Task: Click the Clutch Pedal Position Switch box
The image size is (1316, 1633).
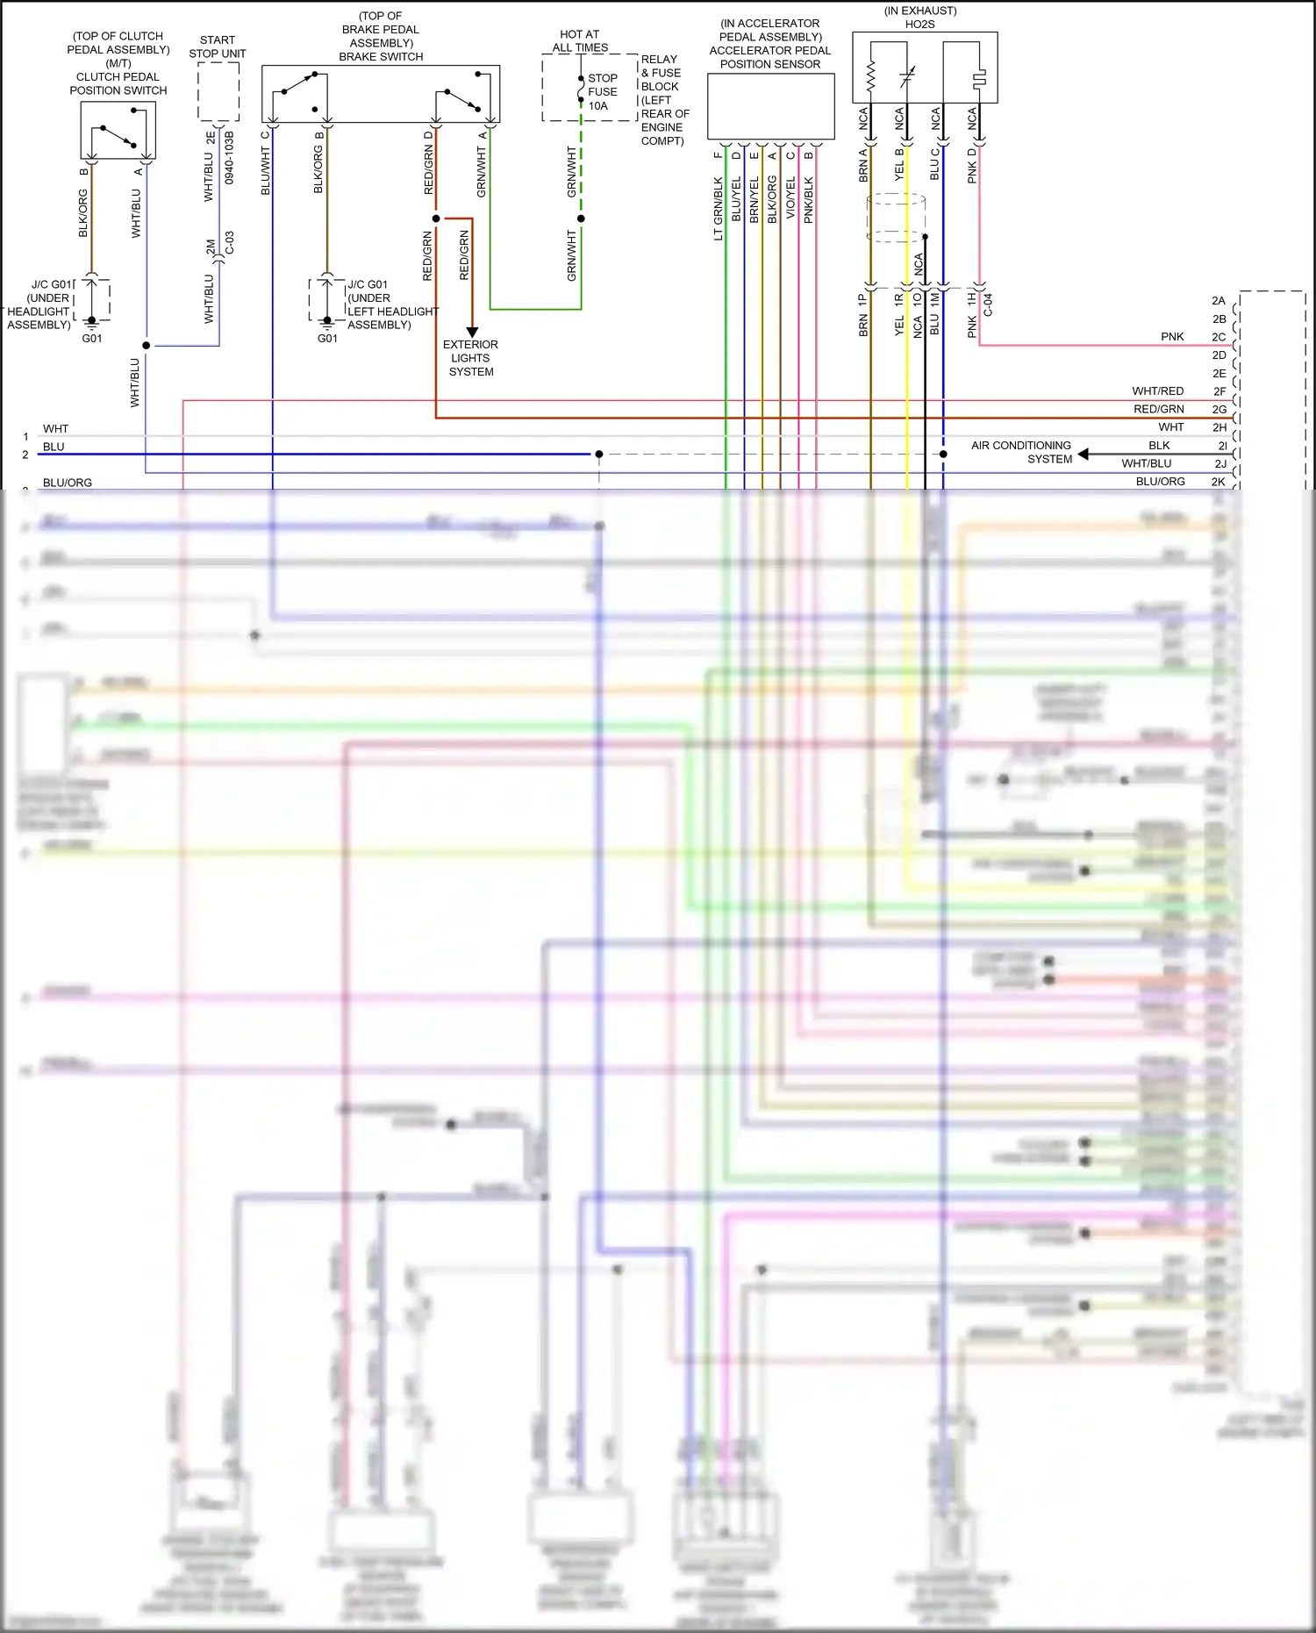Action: click(x=118, y=130)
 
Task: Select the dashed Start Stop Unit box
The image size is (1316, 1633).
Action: click(x=218, y=91)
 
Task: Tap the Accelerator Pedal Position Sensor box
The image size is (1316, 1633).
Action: click(x=770, y=106)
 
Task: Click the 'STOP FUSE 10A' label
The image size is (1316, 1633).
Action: click(x=603, y=92)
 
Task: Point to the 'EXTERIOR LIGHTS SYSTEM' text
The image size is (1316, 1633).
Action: click(x=470, y=358)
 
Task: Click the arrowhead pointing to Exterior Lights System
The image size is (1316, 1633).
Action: click(x=472, y=332)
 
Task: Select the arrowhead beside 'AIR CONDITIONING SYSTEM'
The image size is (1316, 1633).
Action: click(x=1084, y=454)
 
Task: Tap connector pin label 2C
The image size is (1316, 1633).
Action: click(x=1219, y=337)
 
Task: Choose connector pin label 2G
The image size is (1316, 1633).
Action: click(x=1219, y=410)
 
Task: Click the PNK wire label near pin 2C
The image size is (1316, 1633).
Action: click(x=1172, y=337)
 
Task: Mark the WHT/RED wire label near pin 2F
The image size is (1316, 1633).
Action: click(x=1158, y=391)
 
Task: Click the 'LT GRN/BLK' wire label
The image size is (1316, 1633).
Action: click(x=719, y=209)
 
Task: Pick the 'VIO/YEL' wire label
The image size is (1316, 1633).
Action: click(x=790, y=197)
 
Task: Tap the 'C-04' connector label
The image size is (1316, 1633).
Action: click(x=989, y=304)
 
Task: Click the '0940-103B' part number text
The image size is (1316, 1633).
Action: click(x=230, y=158)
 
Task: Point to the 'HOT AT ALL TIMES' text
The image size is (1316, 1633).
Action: click(x=580, y=41)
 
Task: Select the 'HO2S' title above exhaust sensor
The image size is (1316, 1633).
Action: click(x=920, y=25)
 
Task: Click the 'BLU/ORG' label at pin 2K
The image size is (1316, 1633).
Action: click(x=1160, y=482)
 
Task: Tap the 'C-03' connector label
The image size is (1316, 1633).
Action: click(x=230, y=243)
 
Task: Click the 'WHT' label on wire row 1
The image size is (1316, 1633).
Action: click(x=55, y=429)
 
